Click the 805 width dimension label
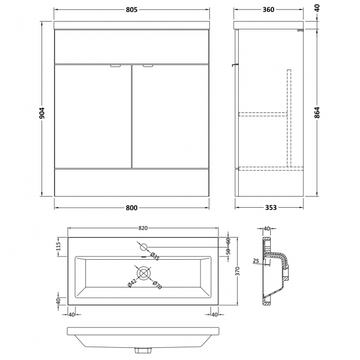point(132,9)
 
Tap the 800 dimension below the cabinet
point(132,208)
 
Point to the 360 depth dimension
point(269,9)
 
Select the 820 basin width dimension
point(143,228)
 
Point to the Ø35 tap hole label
point(155,256)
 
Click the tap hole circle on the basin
point(143,246)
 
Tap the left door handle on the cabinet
point(115,66)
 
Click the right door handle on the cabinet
point(148,66)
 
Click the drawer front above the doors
point(132,46)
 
